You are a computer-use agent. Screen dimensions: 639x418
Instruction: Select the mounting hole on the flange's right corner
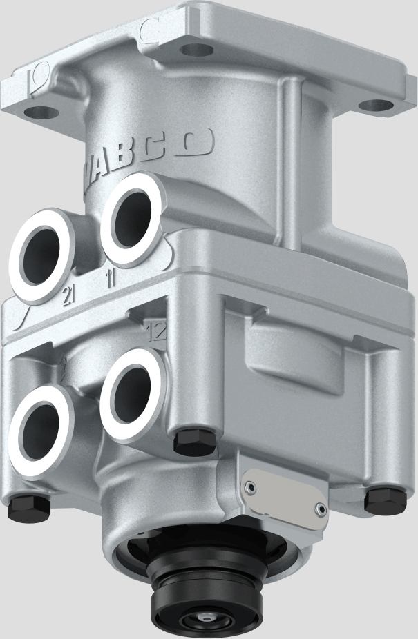[377, 106]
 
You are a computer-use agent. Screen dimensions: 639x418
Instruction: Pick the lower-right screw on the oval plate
[319, 509]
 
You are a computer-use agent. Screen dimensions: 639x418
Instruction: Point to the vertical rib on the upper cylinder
[293, 152]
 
